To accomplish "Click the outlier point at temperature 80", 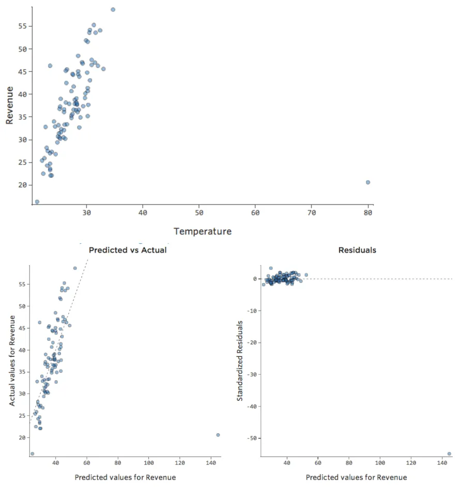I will pos(368,182).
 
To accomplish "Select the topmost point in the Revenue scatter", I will pos(113,9).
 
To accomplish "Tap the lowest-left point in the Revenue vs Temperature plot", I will pos(37,201).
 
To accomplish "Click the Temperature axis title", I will pos(203,231).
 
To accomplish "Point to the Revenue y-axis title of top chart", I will pos(9,105).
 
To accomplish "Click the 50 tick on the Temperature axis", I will pos(199,213).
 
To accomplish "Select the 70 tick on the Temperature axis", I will pos(312,213).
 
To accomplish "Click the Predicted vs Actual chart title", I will pos(128,250).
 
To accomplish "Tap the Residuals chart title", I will pos(357,250).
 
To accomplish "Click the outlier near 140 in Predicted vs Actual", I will pos(218,435).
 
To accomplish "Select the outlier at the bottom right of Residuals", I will pos(449,453).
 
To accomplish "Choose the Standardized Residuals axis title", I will pos(240,360).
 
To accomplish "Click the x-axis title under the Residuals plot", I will pos(356,477).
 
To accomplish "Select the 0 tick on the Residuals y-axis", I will pos(255,279).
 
